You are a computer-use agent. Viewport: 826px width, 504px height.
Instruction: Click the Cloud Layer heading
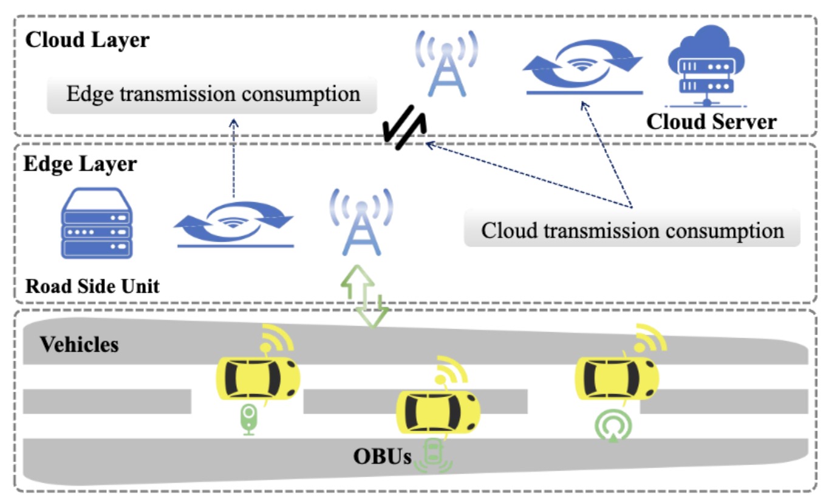87,41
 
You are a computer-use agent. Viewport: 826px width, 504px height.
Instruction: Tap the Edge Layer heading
80,164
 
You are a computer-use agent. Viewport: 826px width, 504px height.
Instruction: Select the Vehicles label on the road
80,345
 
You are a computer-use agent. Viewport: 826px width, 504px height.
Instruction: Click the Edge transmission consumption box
213,95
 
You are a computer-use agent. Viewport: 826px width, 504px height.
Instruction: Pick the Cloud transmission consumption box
632,231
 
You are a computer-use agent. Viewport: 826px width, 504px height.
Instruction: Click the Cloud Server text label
711,121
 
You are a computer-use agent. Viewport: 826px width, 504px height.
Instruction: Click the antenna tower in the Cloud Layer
446,64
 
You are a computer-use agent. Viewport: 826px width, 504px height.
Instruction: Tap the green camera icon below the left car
248,418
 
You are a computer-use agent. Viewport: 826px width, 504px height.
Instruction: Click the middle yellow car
437,412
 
